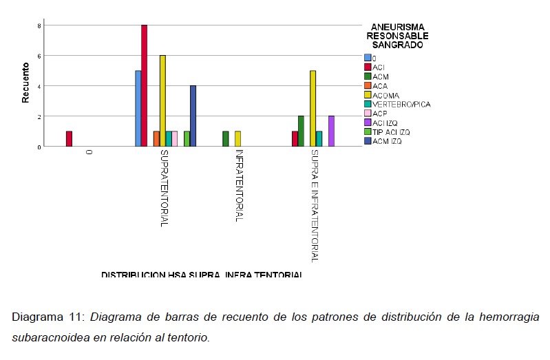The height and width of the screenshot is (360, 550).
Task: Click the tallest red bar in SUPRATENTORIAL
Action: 144,86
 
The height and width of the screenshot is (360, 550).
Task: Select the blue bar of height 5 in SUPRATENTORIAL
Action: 138,109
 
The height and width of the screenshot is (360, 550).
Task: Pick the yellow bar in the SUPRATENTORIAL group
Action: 162,101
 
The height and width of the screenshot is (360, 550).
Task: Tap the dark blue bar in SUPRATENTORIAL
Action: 193,116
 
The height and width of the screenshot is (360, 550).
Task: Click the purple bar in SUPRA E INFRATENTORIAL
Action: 331,131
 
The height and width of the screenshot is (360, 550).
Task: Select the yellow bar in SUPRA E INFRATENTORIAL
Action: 313,109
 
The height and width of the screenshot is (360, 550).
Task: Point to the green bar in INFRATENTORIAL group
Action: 226,139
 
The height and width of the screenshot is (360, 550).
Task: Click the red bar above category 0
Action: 69,139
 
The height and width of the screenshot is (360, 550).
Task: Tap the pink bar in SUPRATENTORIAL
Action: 175,139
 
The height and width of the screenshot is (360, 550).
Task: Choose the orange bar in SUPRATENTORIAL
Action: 156,139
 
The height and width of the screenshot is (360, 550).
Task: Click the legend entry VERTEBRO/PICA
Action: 401,104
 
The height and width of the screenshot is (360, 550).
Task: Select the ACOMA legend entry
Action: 386,95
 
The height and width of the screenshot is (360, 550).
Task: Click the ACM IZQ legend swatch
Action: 368,141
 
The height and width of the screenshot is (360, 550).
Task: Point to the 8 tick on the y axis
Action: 39,25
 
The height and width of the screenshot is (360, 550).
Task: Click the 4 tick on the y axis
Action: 39,86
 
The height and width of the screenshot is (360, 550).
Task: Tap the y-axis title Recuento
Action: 25,83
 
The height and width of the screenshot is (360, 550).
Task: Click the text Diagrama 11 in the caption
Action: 47,317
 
